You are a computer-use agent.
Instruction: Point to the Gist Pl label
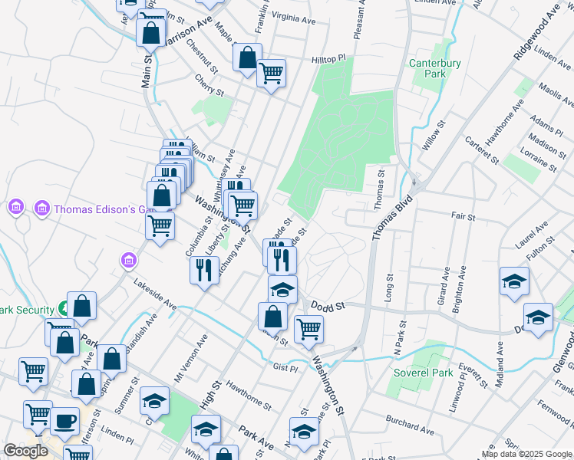tap(285, 368)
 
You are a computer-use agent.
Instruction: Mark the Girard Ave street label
tap(444, 286)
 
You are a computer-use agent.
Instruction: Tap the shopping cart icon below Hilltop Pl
tap(271, 74)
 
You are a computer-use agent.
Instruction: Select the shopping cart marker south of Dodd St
tap(308, 328)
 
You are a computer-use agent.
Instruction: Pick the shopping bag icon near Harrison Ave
tap(150, 32)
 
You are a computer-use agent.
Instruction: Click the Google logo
tap(26, 451)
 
